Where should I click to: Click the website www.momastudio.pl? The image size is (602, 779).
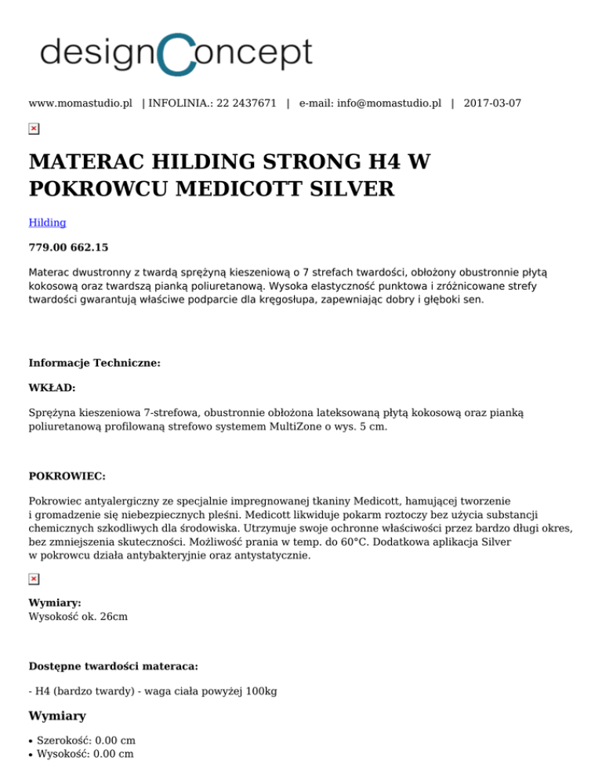(x=80, y=103)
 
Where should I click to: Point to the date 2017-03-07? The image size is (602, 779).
(x=492, y=103)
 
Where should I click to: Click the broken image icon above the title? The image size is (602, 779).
(x=34, y=129)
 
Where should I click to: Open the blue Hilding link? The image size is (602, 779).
(x=47, y=223)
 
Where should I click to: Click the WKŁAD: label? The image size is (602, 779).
(x=53, y=387)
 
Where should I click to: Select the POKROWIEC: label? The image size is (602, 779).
(x=66, y=476)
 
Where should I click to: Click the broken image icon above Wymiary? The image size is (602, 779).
(x=34, y=578)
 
